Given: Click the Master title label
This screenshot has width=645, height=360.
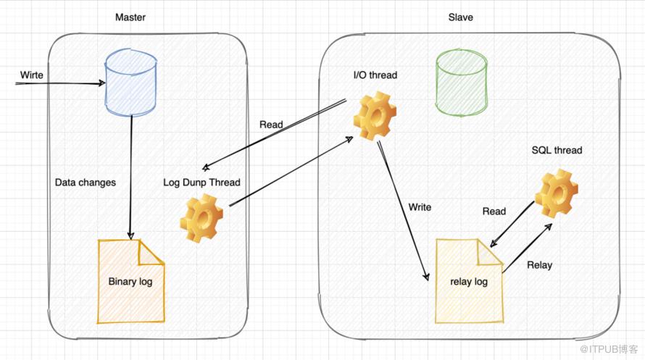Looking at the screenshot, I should pyautogui.click(x=130, y=17).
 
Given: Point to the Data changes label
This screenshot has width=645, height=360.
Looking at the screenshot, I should pyautogui.click(x=85, y=183).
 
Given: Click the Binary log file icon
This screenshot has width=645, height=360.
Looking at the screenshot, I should pyautogui.click(x=131, y=281).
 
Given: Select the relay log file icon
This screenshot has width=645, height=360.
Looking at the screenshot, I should pyautogui.click(x=468, y=282).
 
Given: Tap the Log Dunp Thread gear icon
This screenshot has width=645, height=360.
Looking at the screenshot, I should pyautogui.click(x=201, y=217).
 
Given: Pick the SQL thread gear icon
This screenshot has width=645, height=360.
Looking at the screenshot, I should pyautogui.click(x=556, y=193).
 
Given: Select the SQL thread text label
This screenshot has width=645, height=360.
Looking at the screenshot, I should pyautogui.click(x=557, y=151).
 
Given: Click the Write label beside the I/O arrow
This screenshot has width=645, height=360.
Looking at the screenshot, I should pyautogui.click(x=420, y=207).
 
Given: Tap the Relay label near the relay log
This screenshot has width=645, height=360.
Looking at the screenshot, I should pyautogui.click(x=539, y=265).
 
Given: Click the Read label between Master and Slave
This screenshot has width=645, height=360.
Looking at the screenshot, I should pyautogui.click(x=271, y=125).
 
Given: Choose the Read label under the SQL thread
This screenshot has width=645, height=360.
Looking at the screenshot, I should pyautogui.click(x=494, y=212).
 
